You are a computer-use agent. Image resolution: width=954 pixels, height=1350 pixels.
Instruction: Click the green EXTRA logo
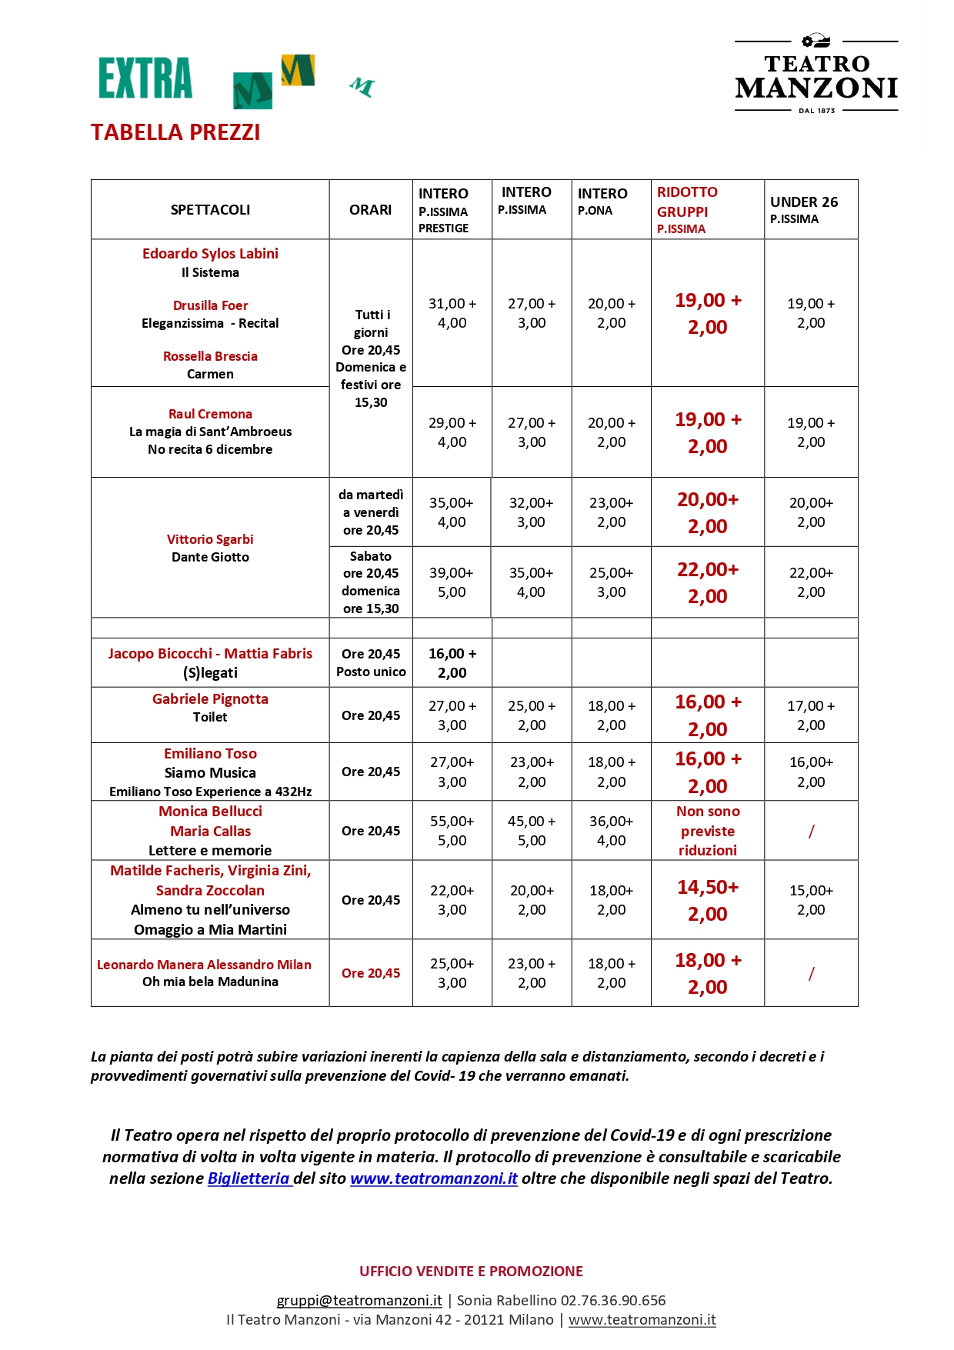coord(145,78)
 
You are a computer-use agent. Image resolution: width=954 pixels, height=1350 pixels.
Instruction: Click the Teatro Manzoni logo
coord(816,75)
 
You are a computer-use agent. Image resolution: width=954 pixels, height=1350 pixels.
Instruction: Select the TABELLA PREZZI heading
coord(175,132)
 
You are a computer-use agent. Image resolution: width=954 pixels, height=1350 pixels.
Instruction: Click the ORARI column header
coord(370,210)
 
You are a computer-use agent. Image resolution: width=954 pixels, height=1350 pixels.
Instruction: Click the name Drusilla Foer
coord(210,305)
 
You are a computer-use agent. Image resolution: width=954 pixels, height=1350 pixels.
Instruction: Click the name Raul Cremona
coord(210,414)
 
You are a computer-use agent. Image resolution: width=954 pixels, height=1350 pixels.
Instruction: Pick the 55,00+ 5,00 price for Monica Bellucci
coord(452,831)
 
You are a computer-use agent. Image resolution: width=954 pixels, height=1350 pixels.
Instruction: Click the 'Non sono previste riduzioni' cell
coord(708,831)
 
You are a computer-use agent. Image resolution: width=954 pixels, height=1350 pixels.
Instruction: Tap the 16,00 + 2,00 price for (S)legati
coord(452,663)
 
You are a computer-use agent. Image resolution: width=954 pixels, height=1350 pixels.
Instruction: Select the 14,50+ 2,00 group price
coord(708,900)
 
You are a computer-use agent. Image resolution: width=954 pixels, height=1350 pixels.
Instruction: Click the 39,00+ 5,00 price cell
coord(452,582)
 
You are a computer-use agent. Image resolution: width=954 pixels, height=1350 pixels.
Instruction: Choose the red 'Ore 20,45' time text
coord(371,973)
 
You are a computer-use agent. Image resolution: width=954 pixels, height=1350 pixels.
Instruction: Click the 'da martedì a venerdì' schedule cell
coord(371,512)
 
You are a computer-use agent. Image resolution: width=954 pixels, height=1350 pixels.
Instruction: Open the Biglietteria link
coord(249,1178)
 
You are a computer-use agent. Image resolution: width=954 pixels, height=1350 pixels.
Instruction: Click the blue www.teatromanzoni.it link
coord(434,1178)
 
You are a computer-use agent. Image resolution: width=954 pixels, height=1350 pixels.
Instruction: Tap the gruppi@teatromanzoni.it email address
coord(359,1300)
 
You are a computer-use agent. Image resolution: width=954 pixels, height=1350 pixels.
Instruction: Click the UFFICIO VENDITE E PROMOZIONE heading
coord(471,1271)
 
